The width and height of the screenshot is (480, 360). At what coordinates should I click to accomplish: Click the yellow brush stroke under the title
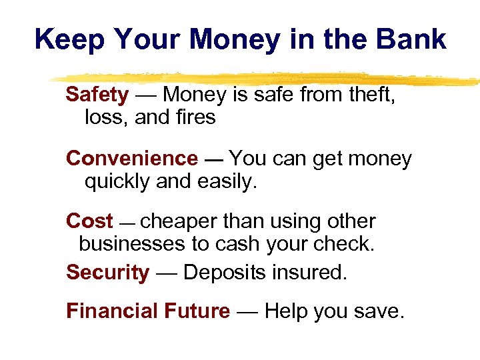point(267,78)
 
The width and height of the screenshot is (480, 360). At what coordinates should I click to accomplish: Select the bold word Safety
point(97,95)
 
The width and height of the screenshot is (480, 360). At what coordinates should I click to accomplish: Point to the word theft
point(372,95)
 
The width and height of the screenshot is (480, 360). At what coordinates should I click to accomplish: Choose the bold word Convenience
point(132,159)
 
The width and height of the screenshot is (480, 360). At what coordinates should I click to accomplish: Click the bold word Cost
point(89,221)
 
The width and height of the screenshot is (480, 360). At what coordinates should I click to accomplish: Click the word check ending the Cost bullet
point(346,244)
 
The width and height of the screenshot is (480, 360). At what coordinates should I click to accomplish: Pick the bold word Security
point(107,273)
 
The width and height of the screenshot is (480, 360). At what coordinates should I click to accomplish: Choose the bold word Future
point(197,311)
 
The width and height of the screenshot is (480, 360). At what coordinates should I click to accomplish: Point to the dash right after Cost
point(127,223)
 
